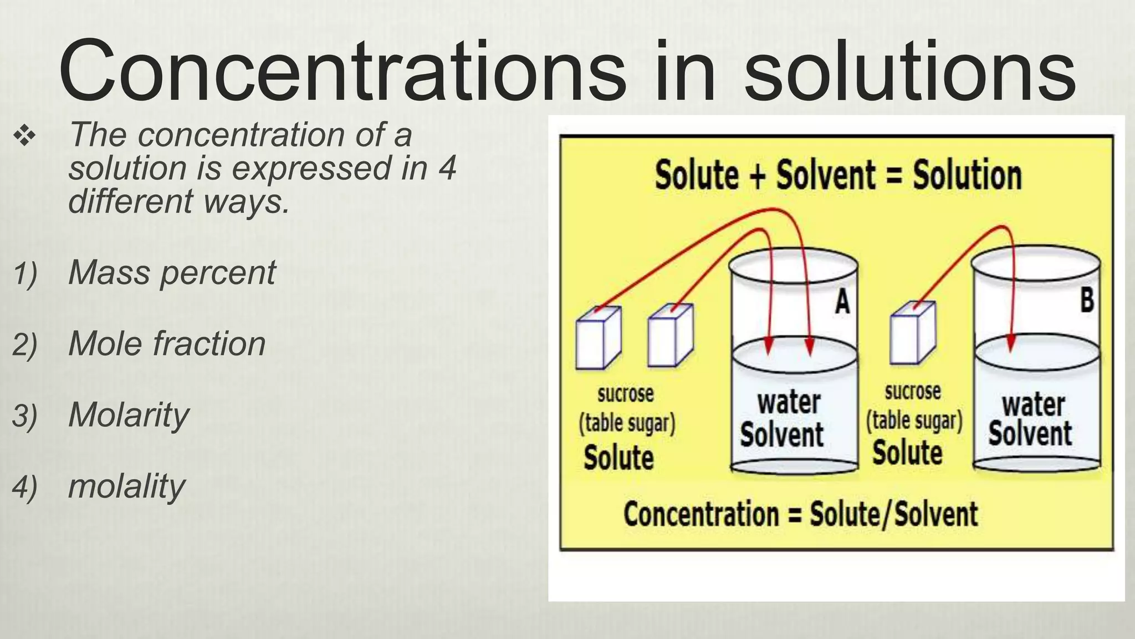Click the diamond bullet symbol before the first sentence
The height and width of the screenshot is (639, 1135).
tap(25, 135)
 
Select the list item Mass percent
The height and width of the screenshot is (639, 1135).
tap(172, 273)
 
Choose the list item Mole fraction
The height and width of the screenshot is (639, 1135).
tap(167, 344)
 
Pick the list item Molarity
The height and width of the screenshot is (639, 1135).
tap(129, 415)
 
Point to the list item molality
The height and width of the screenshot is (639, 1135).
tap(126, 486)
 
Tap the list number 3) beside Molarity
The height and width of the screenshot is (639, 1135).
tap(24, 416)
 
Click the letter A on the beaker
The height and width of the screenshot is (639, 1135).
tap(842, 302)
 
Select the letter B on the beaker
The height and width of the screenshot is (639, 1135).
tap(1087, 300)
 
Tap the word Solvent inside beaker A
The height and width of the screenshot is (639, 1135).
tap(781, 435)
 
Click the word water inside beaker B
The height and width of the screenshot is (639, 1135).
tap(1033, 405)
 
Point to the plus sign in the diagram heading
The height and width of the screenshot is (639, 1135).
tap(757, 175)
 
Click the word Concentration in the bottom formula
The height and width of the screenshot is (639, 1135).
tap(701, 514)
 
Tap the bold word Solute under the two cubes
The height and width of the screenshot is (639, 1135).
tap(618, 458)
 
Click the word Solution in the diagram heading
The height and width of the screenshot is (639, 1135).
tap(967, 175)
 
